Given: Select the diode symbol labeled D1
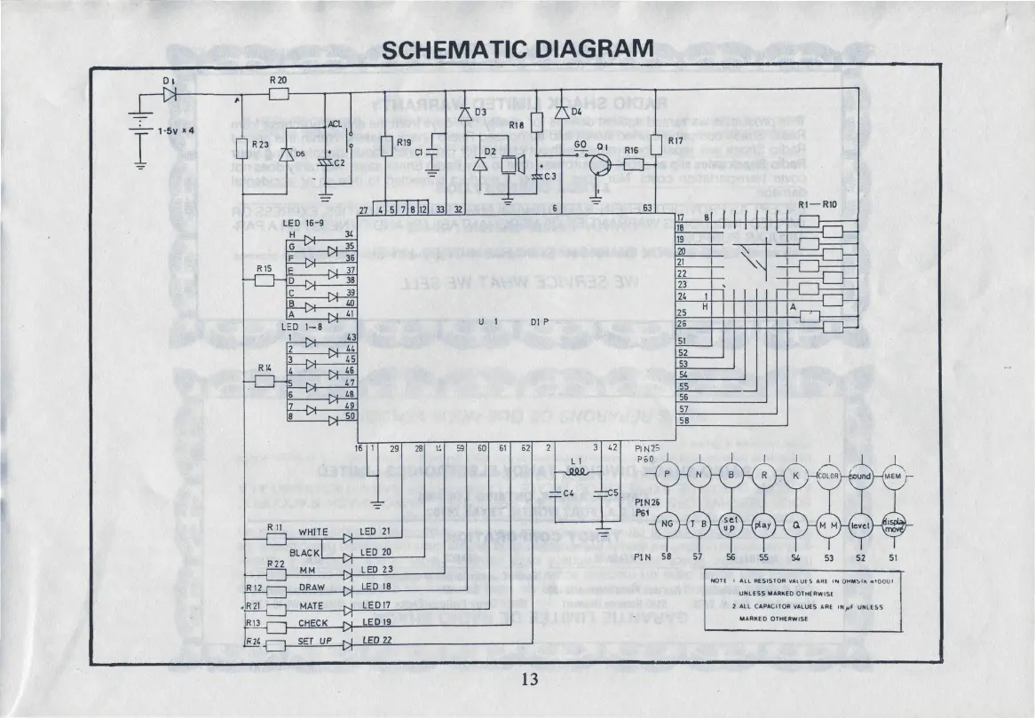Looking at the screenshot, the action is coord(170,91).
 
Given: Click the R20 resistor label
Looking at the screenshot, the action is coord(278,81).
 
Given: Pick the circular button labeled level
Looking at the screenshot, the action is coord(861,525).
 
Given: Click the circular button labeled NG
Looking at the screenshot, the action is coord(667,525).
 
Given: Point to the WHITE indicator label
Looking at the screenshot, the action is coord(313,533).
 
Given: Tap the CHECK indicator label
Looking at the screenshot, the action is coord(313,623).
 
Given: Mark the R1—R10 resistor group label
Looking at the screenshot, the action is coord(818,204).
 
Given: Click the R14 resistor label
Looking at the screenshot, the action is coord(265,367).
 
